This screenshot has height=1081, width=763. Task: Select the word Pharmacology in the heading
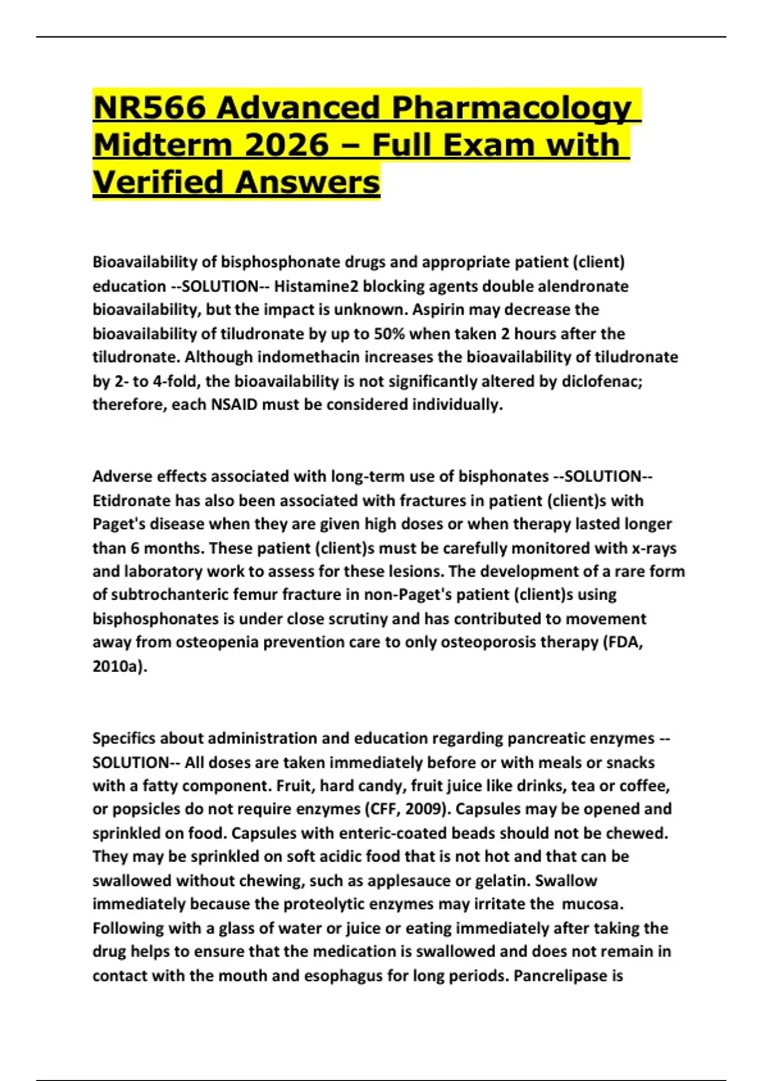click(x=512, y=107)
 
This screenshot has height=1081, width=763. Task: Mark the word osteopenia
click(x=217, y=642)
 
